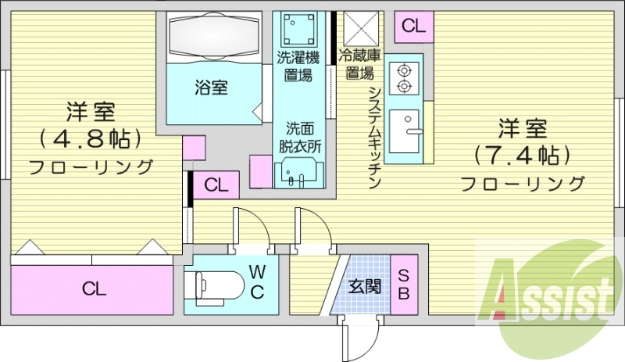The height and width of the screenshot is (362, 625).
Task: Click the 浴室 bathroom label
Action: tap(211, 88)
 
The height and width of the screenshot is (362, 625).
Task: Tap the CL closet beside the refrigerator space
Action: tap(413, 25)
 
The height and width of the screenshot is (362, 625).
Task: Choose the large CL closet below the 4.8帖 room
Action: tap(94, 289)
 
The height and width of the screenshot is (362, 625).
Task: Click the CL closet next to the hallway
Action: tap(216, 185)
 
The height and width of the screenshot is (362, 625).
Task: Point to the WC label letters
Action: tap(257, 281)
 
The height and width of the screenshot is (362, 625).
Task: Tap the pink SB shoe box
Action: tap(404, 284)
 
